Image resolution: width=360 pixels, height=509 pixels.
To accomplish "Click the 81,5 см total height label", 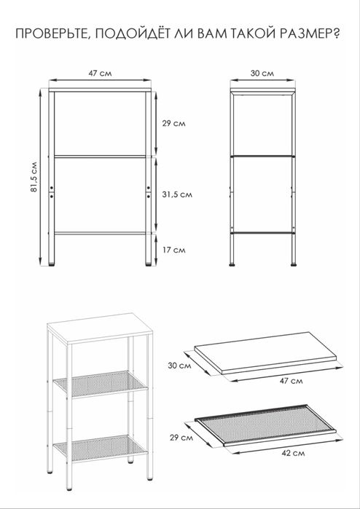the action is (x=34, y=177).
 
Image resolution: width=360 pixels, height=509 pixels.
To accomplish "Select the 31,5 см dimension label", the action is (x=177, y=194).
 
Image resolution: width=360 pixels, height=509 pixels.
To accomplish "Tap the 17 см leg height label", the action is (x=174, y=250).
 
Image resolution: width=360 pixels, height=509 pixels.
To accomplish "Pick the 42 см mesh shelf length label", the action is (x=293, y=453).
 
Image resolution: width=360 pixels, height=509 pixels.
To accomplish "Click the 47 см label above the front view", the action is (x=100, y=74).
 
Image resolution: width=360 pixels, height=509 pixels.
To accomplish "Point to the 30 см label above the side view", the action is (x=262, y=74).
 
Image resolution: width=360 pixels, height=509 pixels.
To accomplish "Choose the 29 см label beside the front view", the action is (x=174, y=124).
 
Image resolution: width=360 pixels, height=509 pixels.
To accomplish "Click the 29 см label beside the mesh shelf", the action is (x=181, y=438).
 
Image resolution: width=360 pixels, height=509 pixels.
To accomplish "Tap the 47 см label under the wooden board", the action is (x=291, y=380).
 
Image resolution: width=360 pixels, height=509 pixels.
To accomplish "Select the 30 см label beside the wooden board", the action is (x=180, y=366).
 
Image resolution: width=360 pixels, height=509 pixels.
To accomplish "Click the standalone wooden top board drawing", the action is (x=266, y=352).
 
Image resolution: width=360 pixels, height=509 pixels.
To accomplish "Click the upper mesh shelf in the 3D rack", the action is (x=101, y=384).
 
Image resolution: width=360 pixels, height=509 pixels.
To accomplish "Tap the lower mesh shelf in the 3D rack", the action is (x=101, y=449).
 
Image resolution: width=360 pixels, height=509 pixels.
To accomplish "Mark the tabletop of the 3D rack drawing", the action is (x=100, y=328).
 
